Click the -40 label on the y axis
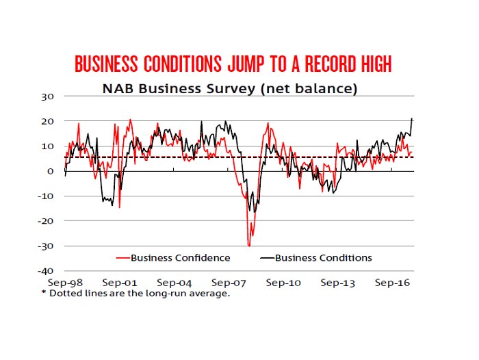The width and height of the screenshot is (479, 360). click(x=46, y=271)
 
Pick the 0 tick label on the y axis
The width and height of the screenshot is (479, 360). click(x=51, y=171)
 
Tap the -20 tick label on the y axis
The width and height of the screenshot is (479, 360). click(x=46, y=221)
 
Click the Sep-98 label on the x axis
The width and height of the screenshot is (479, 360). click(x=65, y=282)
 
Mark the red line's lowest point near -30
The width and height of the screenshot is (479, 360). click(x=249, y=245)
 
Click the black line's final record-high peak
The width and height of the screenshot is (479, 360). click(x=412, y=119)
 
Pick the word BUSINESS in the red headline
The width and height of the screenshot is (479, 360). click(x=106, y=64)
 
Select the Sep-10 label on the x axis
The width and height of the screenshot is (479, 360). click(x=283, y=282)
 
